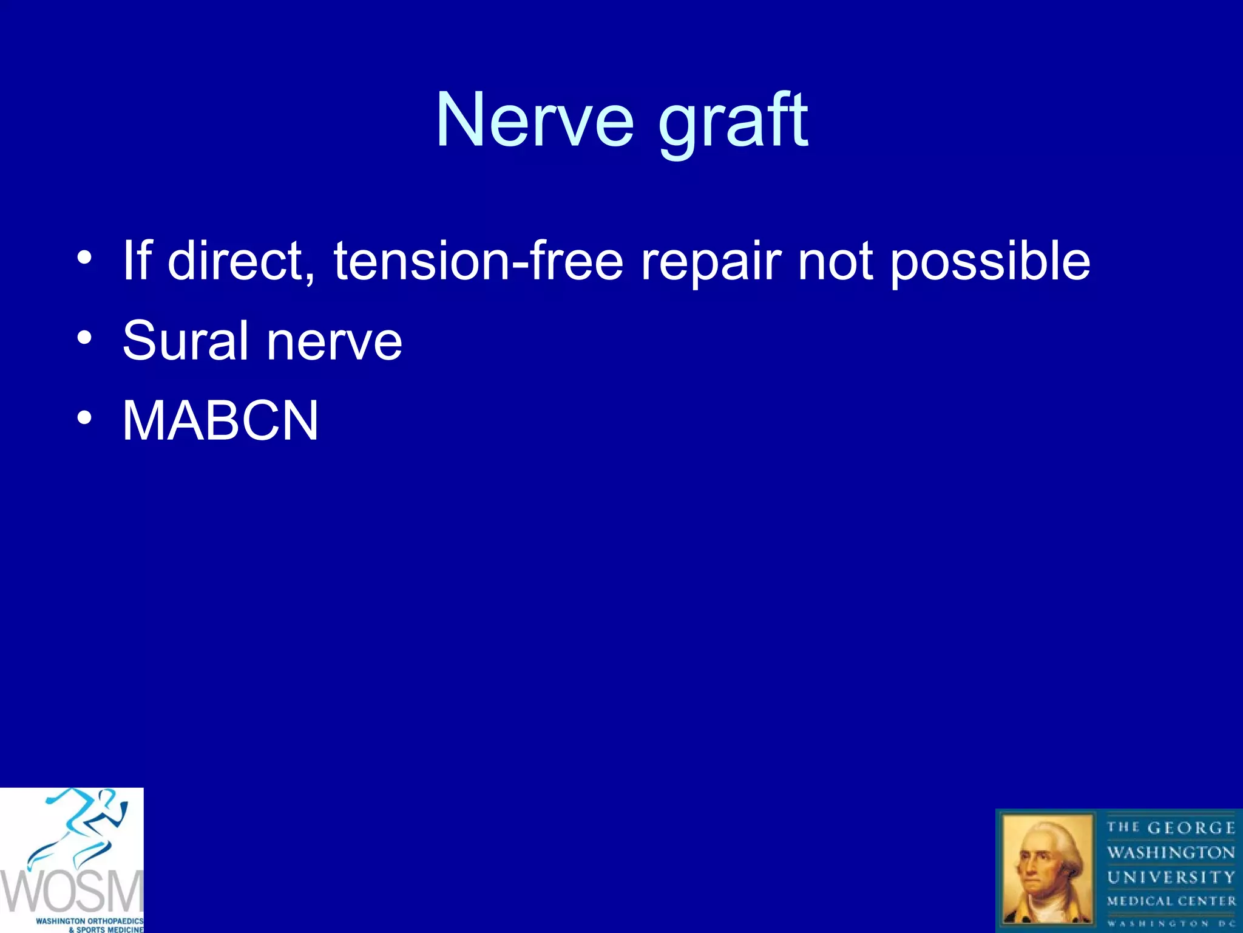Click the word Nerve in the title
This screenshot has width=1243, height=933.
coord(535,120)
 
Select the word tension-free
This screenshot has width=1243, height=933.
coord(478,261)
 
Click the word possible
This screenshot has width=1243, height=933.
coord(990,262)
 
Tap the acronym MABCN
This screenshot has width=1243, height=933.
coord(220,421)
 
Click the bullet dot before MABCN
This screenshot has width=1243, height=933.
coord(84,418)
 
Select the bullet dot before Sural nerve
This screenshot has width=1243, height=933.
coord(84,338)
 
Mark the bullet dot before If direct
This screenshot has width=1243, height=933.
coord(84,258)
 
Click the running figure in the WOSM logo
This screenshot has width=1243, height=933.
coord(85,826)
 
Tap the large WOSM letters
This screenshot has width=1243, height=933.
coord(72,892)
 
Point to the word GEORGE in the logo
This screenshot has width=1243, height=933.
coord(1191,828)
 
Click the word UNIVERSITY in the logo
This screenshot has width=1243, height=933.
coord(1171,877)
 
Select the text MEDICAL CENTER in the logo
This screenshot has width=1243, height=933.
coord(1171,901)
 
